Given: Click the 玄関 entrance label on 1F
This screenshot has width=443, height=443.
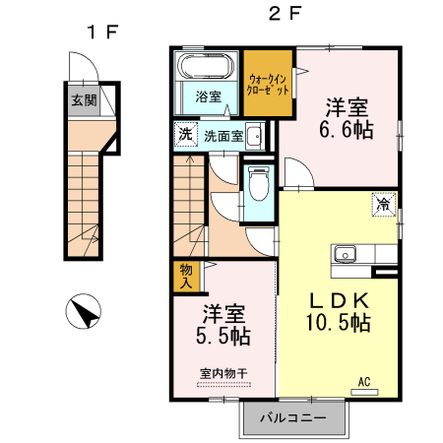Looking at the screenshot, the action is coord(84,100).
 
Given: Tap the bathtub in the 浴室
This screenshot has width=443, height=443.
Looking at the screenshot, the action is coord(206,66).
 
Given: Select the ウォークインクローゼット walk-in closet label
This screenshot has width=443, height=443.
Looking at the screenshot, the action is coord(268,85).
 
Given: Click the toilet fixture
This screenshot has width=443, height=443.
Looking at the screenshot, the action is coord(259,183).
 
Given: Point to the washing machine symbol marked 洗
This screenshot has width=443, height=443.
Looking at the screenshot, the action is coord(185,134).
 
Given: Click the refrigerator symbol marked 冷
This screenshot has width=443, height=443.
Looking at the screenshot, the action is coord(384,205).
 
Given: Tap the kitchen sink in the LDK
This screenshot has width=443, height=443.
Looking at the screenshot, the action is coord(345,254).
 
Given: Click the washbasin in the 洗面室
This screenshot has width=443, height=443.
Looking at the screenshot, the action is coord(254,136).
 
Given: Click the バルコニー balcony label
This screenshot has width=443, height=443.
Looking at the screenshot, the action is coord(293,417).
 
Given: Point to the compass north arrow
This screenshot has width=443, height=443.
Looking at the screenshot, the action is coord(84,311).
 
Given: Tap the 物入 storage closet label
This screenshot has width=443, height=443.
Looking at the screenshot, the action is coord(186,277).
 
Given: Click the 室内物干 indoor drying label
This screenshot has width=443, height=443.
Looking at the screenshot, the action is coord(223,373).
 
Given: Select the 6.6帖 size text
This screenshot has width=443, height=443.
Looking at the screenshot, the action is coord(347,130).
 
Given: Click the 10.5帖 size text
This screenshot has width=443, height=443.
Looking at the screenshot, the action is coord(339,322).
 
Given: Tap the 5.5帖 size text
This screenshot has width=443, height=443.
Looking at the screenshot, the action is coord(223,336).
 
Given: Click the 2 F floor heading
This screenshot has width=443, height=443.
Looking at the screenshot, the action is coord(285,14).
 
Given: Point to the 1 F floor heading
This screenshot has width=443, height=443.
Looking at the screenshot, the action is coord(102,32).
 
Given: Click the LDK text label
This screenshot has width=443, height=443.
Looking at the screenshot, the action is coord(340,300).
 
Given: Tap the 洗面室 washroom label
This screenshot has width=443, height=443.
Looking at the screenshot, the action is coord(223,136).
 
